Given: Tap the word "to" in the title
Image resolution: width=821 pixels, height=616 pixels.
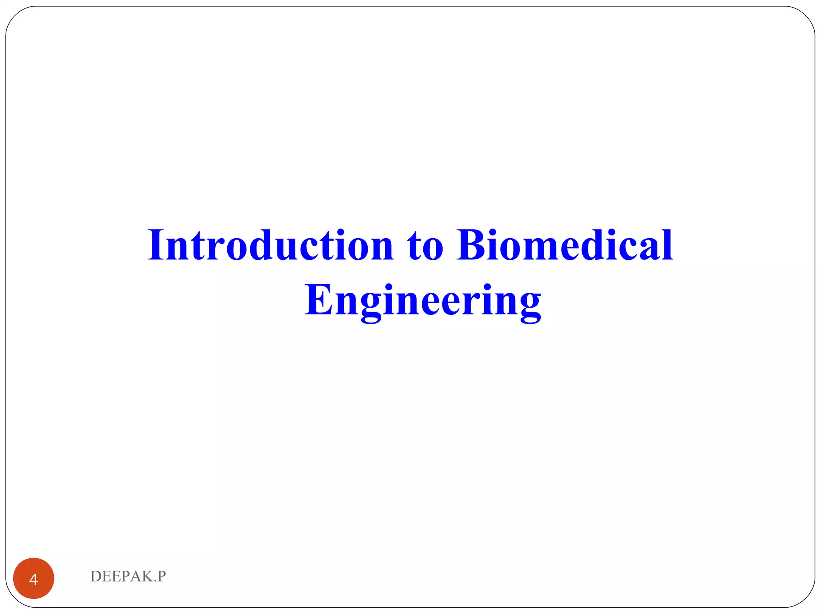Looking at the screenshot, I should click(425, 245).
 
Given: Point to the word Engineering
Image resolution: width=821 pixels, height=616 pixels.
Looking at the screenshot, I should click(423, 301).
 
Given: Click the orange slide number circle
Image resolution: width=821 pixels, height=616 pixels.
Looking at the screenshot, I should click(34, 578).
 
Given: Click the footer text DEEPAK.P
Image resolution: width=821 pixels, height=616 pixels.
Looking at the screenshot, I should click(128, 576).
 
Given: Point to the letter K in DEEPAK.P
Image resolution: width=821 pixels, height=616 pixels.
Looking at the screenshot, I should click(147, 576).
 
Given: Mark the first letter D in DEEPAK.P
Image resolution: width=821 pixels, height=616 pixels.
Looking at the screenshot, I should click(96, 576).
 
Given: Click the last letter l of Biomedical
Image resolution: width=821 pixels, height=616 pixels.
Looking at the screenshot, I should click(667, 245).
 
